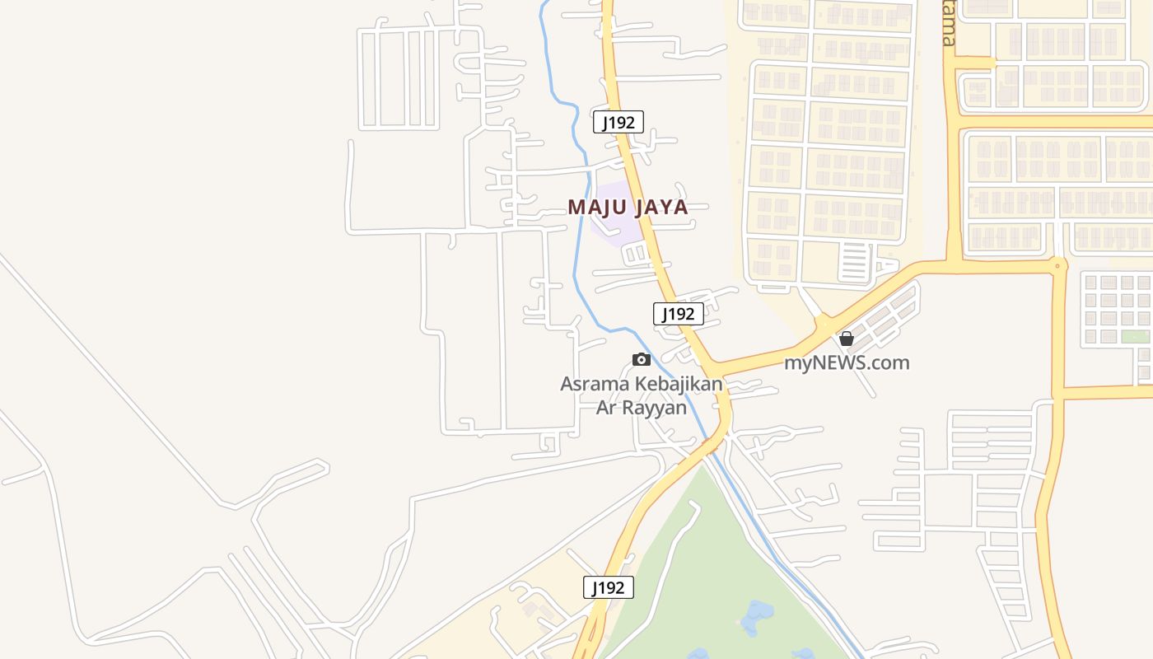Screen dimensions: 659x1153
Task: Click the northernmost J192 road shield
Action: click(618, 123)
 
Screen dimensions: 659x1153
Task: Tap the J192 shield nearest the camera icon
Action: click(678, 314)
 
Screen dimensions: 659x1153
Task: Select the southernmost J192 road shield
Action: click(609, 587)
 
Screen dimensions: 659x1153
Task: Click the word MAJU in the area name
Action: click(599, 207)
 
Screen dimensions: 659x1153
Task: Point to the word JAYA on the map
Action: click(662, 207)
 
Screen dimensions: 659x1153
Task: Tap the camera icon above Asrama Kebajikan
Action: click(642, 359)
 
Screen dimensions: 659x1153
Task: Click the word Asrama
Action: click(595, 384)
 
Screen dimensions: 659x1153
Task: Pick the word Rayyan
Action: click(658, 407)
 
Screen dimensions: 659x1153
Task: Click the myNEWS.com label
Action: click(847, 362)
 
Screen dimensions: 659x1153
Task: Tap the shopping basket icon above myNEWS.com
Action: click(846, 339)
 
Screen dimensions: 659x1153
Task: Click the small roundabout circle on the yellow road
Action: click(1057, 265)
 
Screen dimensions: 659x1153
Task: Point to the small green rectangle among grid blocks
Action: click(1135, 336)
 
